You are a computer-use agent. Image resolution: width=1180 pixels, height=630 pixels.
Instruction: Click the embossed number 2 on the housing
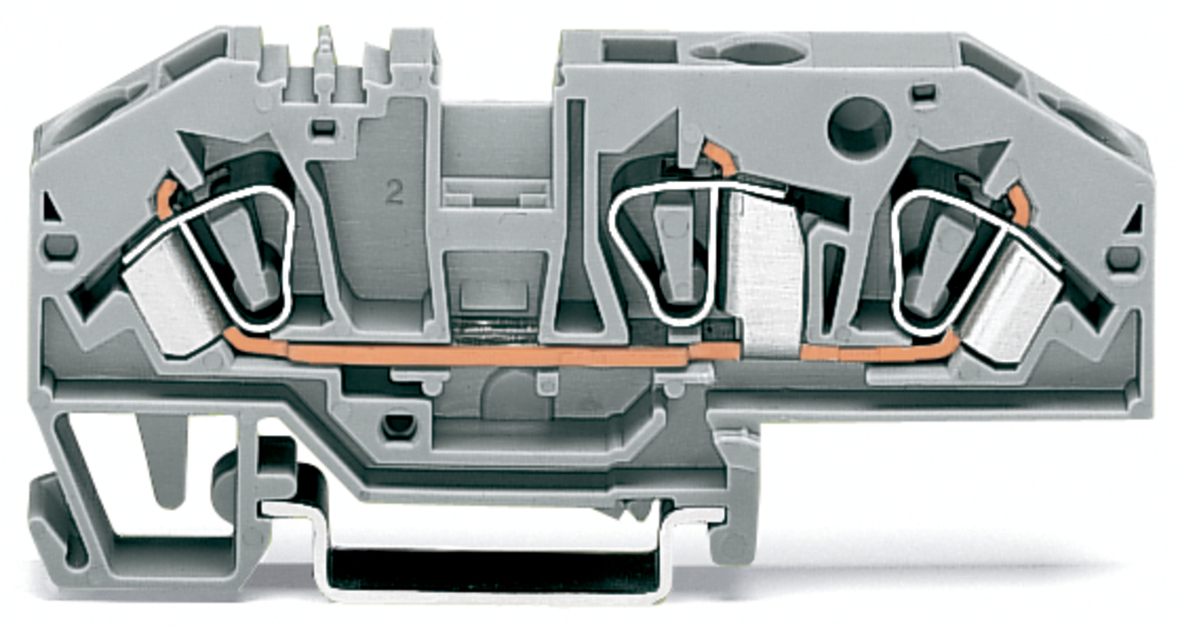(x=394, y=192)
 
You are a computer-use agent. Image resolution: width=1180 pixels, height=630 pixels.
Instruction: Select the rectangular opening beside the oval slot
(x=638, y=51)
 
